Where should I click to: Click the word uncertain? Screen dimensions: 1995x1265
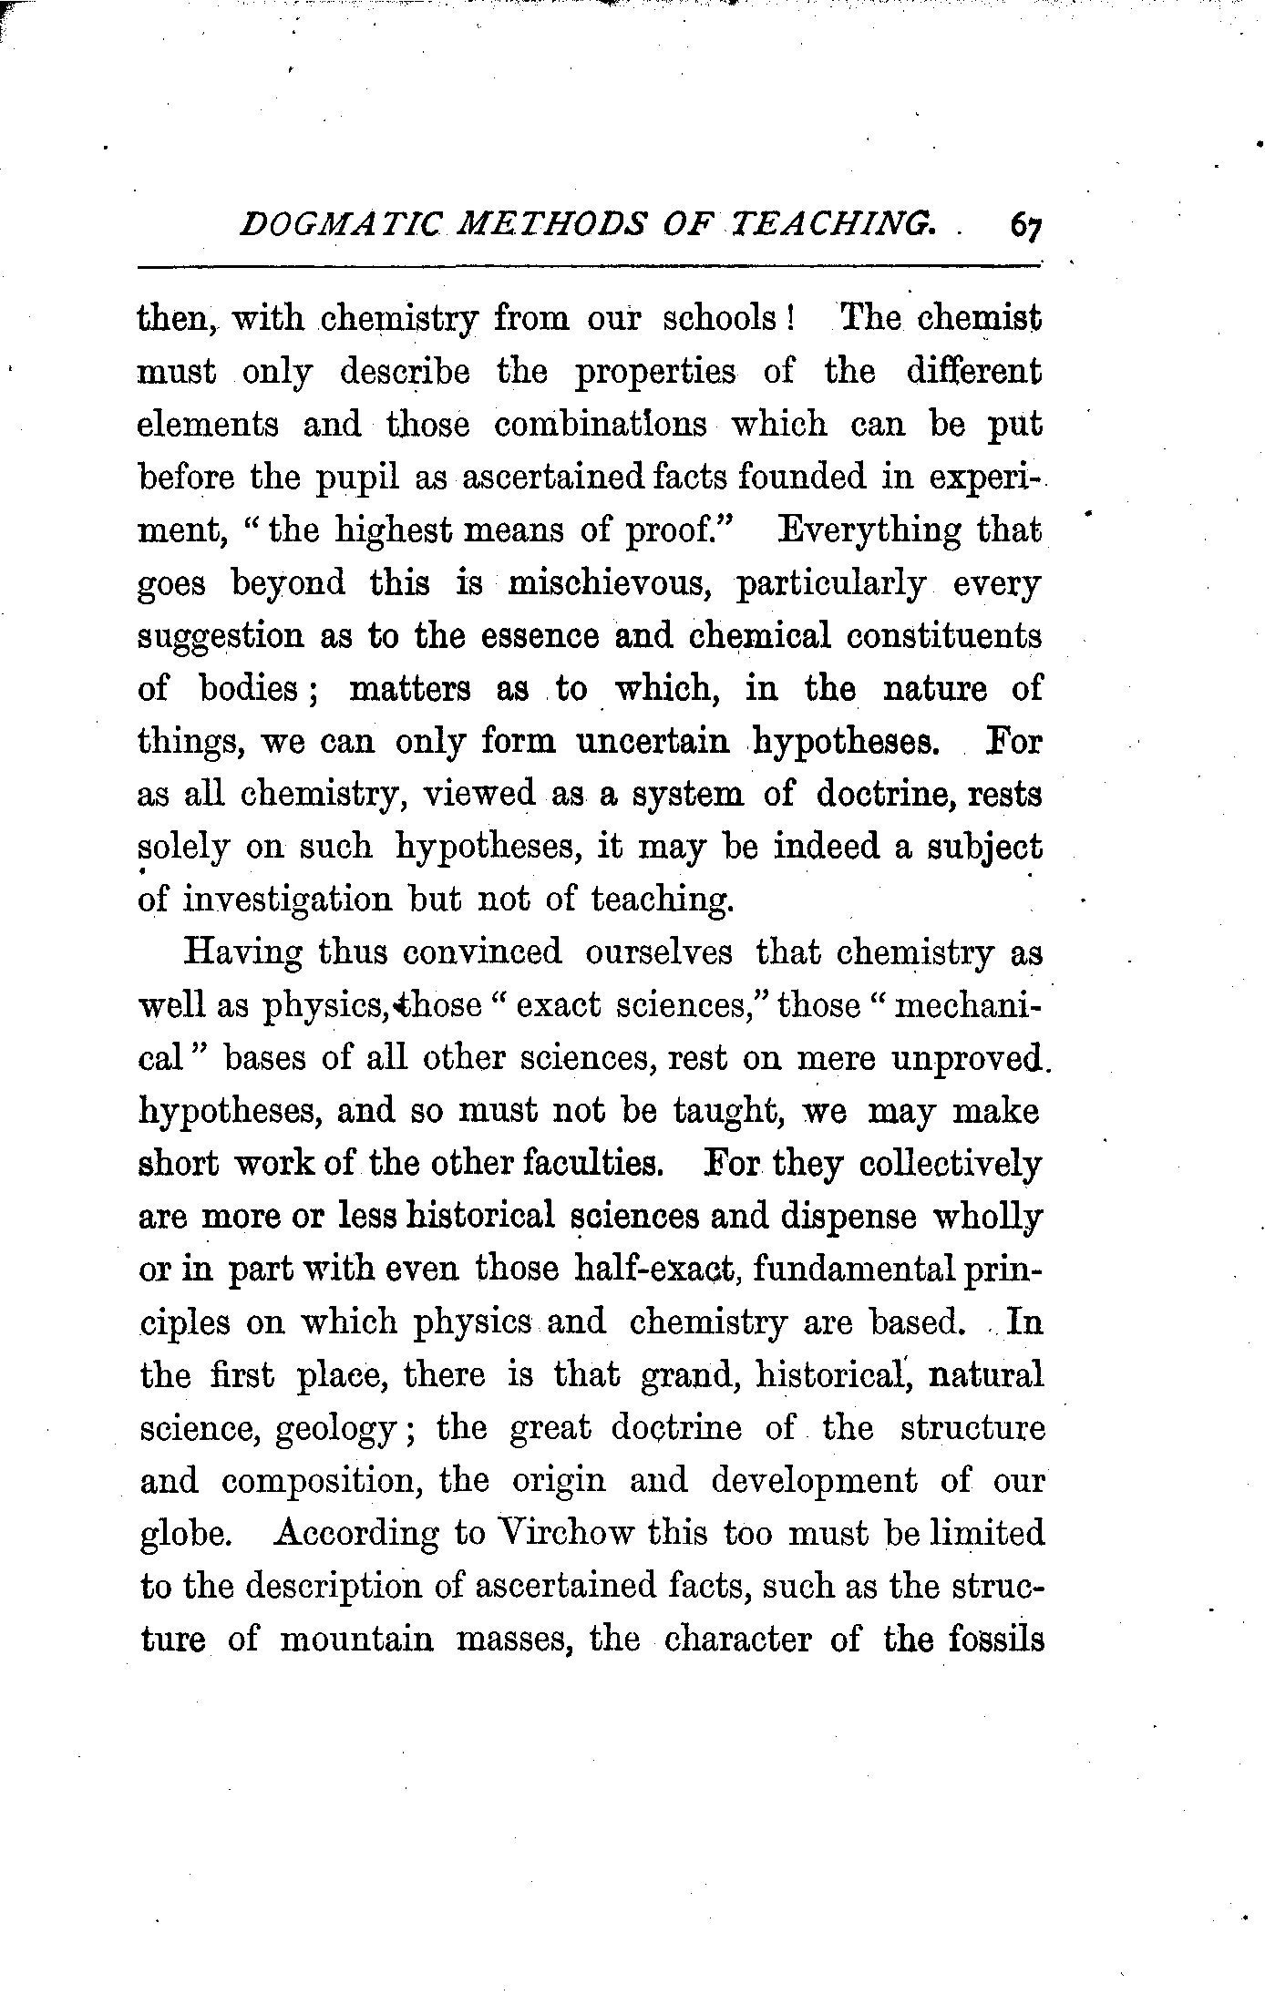[x=653, y=741]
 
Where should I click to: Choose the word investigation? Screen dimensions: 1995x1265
[x=287, y=900]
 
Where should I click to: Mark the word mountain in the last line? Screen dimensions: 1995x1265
[x=356, y=1640]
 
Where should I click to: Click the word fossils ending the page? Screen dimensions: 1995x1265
[x=995, y=1640]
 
